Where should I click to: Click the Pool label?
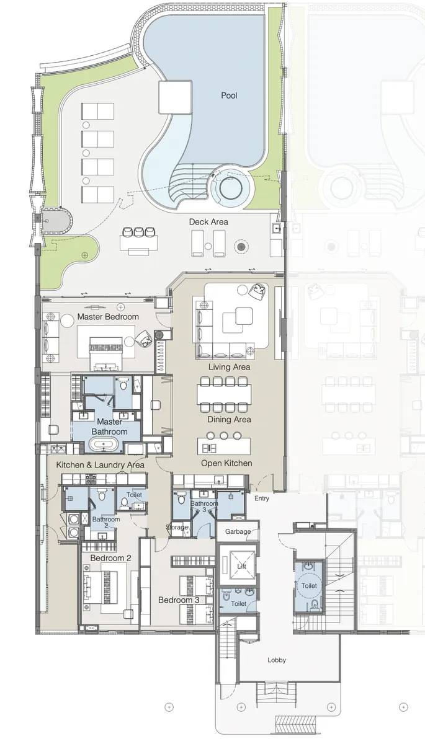(x=229, y=95)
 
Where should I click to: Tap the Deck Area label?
(x=208, y=221)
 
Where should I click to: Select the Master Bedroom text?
(x=108, y=317)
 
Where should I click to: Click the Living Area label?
(x=229, y=367)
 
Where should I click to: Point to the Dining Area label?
(x=229, y=420)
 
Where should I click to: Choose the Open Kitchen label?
(x=226, y=463)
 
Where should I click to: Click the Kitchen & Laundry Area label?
(x=101, y=464)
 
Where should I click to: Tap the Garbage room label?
(x=238, y=531)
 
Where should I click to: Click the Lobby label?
(x=277, y=660)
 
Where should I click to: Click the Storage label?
(x=176, y=527)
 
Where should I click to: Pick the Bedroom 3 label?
(x=179, y=600)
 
